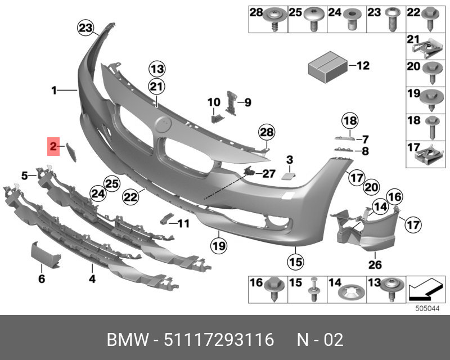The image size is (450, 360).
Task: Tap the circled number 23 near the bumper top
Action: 85,28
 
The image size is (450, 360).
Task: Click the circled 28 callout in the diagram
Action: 266,133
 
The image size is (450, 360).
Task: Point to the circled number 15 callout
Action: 296,261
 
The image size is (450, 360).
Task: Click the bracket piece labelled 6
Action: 43,255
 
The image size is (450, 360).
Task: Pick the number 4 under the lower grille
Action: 92,278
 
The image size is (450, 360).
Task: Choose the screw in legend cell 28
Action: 276,18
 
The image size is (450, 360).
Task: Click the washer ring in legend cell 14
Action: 350,292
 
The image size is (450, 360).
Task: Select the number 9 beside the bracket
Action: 247,102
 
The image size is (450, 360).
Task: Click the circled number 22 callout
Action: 130,197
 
